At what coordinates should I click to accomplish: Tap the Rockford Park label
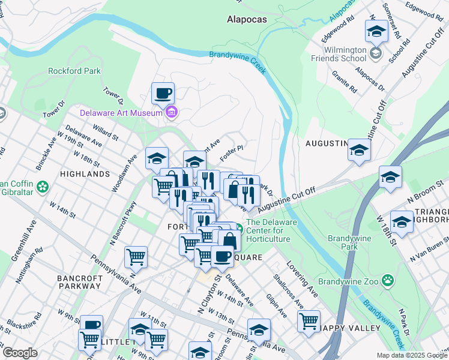coord(74,71)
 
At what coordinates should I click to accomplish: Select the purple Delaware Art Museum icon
coord(172,112)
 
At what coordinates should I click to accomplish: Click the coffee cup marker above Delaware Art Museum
coord(163,94)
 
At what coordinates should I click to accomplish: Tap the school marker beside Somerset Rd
coord(376,32)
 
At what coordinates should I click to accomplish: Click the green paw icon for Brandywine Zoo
coord(389,279)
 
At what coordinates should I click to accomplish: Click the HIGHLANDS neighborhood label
coord(85,174)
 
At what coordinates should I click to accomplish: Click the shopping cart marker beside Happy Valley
coord(309,321)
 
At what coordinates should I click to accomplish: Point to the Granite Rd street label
coord(345,85)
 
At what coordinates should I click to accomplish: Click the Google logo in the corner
coord(19,353)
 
